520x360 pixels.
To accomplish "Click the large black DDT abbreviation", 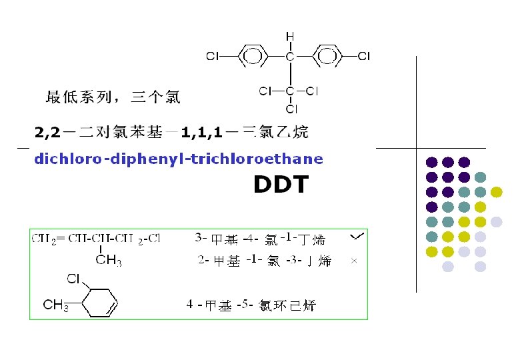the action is (x=281, y=185).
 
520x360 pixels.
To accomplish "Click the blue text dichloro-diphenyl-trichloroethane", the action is (x=178, y=159).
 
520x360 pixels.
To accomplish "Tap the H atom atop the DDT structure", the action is (x=290, y=36).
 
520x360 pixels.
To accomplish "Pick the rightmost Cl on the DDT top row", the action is (x=364, y=57).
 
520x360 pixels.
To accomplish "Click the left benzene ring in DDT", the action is (x=251, y=57).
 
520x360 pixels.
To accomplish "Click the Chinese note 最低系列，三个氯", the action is (x=112, y=98).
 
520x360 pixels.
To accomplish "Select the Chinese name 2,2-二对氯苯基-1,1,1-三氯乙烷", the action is (x=171, y=132).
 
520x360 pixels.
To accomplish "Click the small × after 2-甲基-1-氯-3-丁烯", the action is (x=354, y=261).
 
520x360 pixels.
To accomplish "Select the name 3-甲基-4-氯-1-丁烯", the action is (x=255, y=237).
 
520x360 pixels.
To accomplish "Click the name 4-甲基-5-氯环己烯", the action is (x=251, y=306).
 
